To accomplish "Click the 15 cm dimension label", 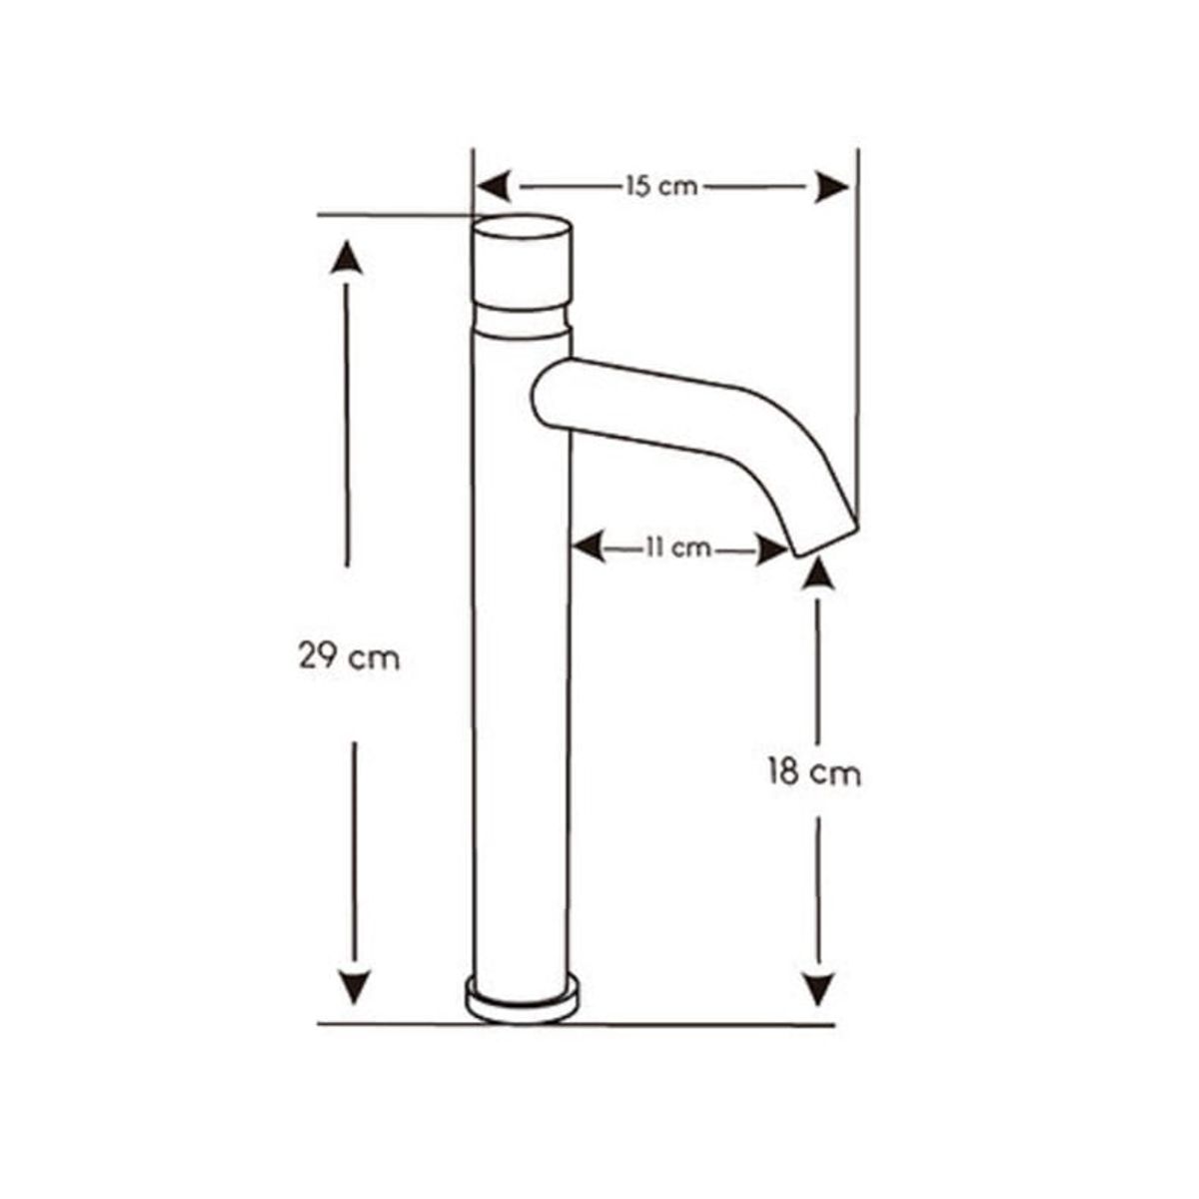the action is tap(662, 186).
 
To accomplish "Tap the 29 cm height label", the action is tap(349, 657).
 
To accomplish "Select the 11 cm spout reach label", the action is tap(678, 548).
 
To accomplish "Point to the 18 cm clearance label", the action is tap(815, 773).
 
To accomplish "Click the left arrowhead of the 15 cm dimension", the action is tap(493, 186).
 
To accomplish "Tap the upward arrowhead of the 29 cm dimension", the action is tap(346, 257).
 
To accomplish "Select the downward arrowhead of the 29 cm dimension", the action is tap(354, 987).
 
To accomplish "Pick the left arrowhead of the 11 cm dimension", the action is tap(588, 548).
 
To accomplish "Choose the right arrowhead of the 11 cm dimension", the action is tap(771, 549).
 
